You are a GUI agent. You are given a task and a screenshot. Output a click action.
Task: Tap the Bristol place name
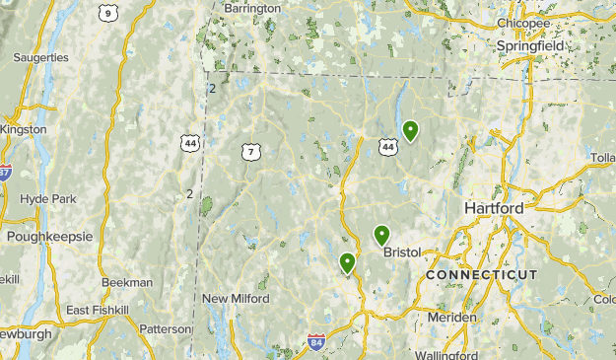click(x=402, y=252)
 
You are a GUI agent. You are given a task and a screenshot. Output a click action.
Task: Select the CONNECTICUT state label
click(x=482, y=274)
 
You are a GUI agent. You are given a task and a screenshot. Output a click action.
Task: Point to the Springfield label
click(x=530, y=45)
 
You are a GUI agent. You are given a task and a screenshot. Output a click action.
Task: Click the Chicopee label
click(x=524, y=23)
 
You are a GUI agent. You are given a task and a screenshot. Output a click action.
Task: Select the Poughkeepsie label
click(x=49, y=237)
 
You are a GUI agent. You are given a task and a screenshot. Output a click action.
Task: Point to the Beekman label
click(x=126, y=282)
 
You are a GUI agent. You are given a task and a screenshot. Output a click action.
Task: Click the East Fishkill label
click(x=98, y=311)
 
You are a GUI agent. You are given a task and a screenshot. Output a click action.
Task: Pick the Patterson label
click(x=165, y=329)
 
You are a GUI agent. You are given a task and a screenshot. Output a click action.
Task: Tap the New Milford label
click(x=236, y=299)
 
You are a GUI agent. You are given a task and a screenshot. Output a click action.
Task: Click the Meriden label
click(x=451, y=318)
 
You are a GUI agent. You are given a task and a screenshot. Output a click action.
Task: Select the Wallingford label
click(x=446, y=354)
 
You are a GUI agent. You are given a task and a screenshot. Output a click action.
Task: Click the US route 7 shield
click(x=251, y=152)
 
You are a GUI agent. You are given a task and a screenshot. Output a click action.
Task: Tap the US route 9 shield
click(x=106, y=13)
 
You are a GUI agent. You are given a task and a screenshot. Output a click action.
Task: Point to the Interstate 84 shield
click(x=315, y=343)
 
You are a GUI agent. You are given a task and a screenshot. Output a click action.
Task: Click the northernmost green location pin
click(x=410, y=130)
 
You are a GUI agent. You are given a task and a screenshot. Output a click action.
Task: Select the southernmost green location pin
click(x=347, y=262)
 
